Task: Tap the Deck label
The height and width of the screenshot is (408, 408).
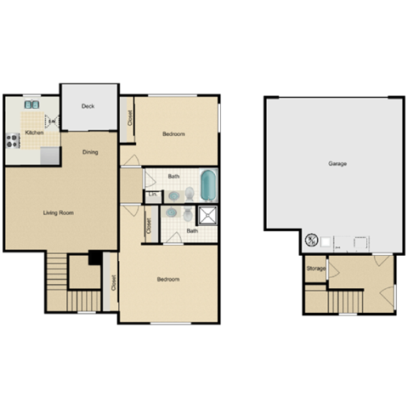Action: (88, 106)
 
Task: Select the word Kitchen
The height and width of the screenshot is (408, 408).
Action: (34, 133)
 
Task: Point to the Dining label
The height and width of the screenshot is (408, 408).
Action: (90, 152)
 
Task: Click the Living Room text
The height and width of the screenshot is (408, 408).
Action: (61, 212)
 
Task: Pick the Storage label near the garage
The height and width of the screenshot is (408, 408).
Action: (316, 269)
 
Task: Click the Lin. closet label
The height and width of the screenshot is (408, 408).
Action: (153, 195)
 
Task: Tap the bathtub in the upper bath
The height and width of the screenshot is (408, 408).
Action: (208, 184)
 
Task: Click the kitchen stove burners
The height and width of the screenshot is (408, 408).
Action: (14, 139)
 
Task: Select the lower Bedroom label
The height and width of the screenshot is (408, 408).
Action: (167, 280)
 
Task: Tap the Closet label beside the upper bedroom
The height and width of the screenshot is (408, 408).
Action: (129, 117)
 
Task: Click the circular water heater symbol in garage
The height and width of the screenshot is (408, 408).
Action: (311, 241)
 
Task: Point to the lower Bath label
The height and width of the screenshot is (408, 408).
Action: (192, 230)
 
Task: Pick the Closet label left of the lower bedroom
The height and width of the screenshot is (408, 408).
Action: (114, 284)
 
